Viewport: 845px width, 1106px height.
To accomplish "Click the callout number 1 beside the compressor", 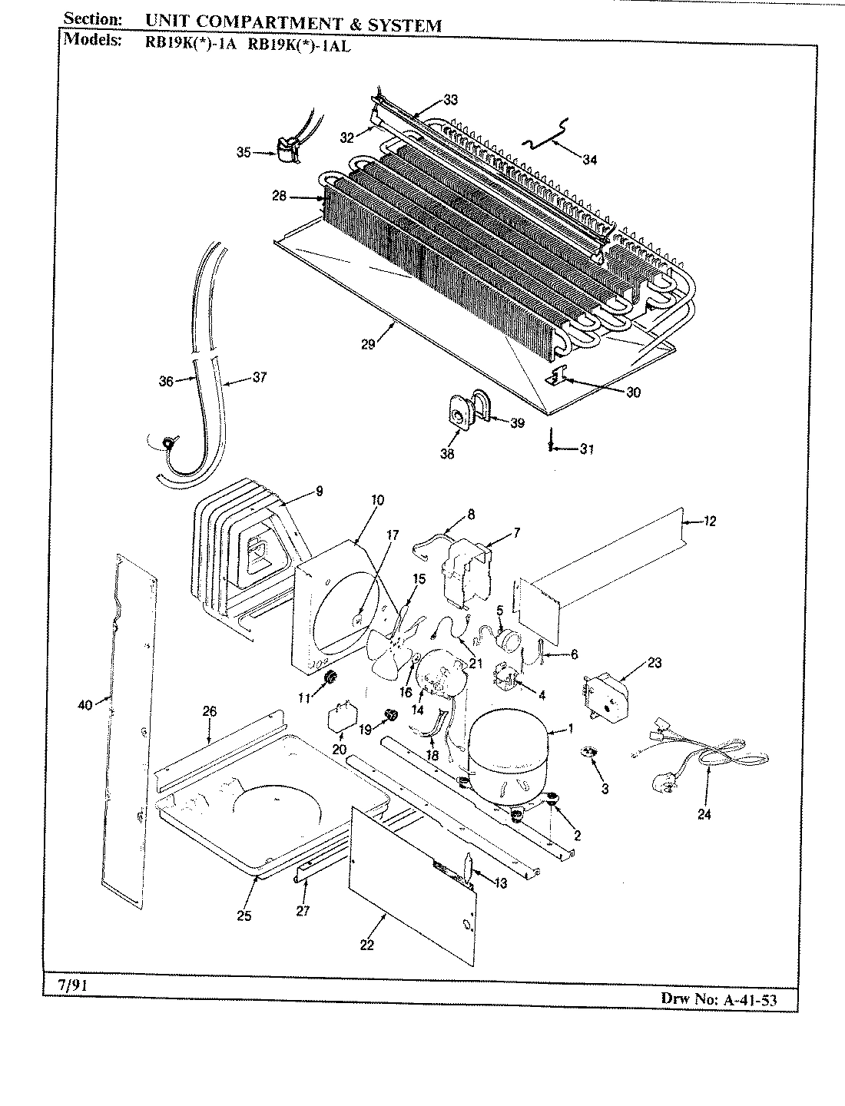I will click(x=569, y=728).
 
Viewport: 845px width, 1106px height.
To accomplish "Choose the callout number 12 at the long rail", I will click(x=709, y=522).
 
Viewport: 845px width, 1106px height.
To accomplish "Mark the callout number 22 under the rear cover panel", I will click(x=366, y=945).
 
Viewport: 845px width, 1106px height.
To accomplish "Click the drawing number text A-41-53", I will click(x=747, y=999).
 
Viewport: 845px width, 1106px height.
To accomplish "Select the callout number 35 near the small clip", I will click(x=244, y=152).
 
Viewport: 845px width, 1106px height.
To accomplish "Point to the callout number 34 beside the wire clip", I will click(x=589, y=160).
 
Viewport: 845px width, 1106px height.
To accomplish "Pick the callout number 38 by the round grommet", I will click(x=447, y=453).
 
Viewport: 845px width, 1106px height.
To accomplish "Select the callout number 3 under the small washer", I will click(x=605, y=790).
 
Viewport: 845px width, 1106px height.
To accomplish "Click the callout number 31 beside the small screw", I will click(x=587, y=449).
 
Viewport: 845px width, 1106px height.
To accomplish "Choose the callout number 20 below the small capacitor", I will click(x=340, y=749).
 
